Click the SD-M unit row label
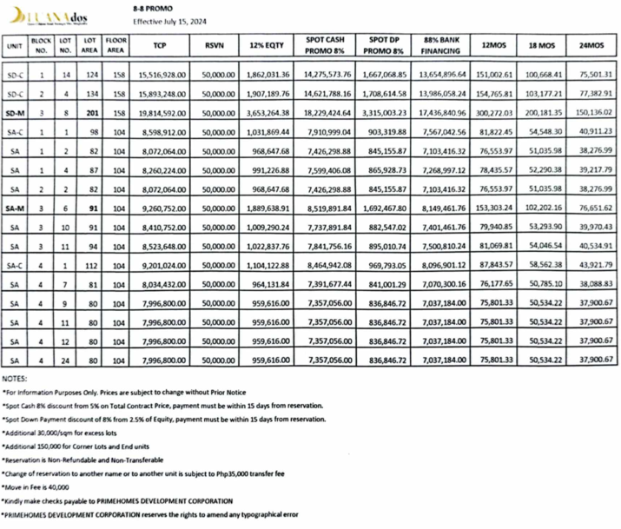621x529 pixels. tap(15, 113)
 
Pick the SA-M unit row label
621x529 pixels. tap(15, 209)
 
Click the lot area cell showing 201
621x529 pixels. tap(89, 113)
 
